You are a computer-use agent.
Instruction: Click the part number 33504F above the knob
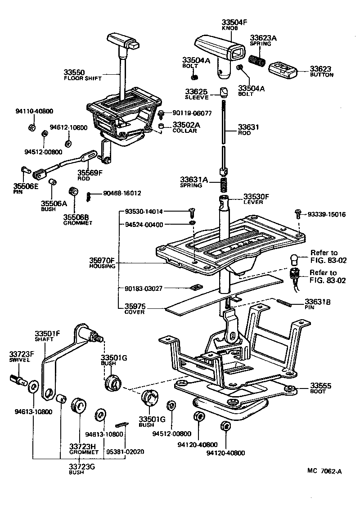tap(234, 22)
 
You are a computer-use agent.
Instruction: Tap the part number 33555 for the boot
tap(321, 386)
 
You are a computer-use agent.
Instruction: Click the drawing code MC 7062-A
tap(325, 471)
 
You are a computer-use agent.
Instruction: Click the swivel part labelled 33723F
tap(18, 381)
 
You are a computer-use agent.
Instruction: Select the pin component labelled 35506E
tap(25, 170)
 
